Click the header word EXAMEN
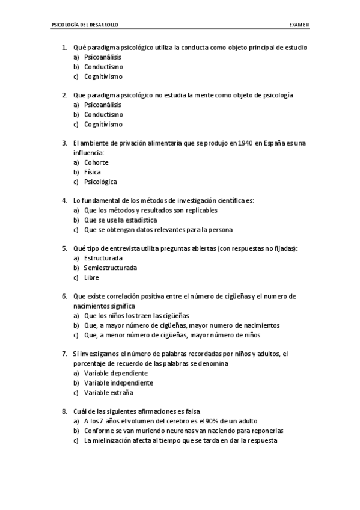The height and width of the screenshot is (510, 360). pos(298,25)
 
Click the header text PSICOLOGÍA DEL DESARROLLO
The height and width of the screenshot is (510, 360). pos(85,25)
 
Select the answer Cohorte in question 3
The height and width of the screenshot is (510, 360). pos(96,162)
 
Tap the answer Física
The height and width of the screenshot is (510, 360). pos(93,172)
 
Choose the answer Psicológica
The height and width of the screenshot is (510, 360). pos(100,182)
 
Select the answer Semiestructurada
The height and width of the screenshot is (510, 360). pos(111,268)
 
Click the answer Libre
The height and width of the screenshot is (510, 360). pos(91,277)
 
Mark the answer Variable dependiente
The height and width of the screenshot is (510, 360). pos(116,373)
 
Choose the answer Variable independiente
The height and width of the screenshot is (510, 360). pos(118,382)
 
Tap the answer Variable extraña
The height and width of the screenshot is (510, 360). pos(109,392)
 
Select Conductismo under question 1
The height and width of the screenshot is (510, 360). pos(103,67)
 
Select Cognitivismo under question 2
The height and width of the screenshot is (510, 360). pos(103,124)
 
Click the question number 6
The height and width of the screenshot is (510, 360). pos(64,296)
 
